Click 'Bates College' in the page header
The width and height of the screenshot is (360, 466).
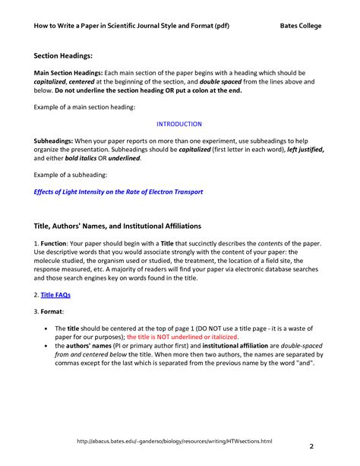300,25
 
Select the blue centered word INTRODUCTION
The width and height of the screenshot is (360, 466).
179,123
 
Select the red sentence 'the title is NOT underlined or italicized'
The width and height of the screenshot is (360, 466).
182,335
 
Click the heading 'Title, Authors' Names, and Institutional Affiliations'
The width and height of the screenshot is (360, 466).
118,226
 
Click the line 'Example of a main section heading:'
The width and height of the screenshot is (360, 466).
84,107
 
